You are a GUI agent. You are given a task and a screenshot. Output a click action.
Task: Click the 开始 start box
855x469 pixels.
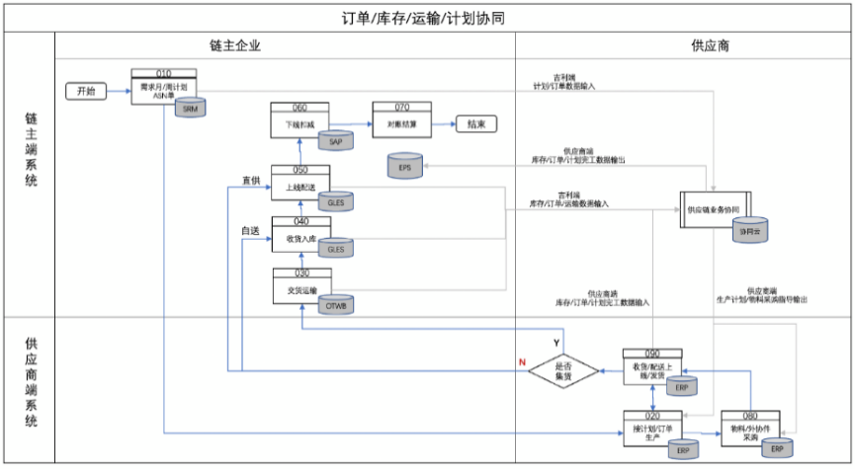pos(86,91)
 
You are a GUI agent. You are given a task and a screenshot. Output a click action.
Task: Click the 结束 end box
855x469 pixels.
pos(475,124)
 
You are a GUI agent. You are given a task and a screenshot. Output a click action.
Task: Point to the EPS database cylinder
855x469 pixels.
pos(404,166)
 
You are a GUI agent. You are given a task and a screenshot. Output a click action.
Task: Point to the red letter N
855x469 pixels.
pos(522,362)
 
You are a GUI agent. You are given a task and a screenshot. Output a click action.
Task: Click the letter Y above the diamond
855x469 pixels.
pos(556,340)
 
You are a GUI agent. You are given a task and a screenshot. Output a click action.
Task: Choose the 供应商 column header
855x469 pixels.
pos(682,45)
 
